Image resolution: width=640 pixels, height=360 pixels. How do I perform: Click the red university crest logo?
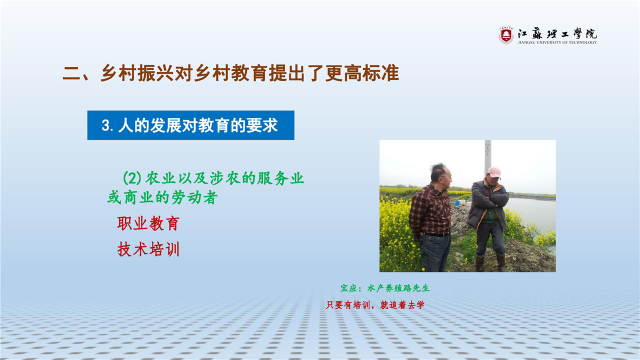[x=506, y=35]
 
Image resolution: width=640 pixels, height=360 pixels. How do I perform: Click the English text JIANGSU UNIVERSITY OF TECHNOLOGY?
[x=557, y=42]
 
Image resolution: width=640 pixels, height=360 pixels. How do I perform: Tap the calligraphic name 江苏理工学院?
[x=557, y=33]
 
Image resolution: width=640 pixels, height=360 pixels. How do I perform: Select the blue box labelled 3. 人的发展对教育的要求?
[x=191, y=125]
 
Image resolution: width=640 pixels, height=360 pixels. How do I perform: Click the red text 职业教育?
[x=148, y=223]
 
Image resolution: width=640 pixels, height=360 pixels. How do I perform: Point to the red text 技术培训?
[x=148, y=249]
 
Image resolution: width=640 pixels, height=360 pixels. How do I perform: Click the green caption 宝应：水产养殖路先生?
[x=385, y=288]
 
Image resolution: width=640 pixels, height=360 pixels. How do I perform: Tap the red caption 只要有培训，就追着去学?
[x=375, y=305]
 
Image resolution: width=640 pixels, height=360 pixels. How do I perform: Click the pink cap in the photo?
[x=494, y=172]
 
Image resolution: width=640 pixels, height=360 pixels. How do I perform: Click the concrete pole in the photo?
[x=487, y=156]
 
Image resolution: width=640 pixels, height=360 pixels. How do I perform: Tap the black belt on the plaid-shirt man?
[x=436, y=234]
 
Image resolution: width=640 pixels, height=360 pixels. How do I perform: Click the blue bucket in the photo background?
[x=457, y=203]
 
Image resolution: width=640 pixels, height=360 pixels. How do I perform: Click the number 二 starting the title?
[x=71, y=73]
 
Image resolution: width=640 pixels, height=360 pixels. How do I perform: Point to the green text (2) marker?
[x=132, y=178]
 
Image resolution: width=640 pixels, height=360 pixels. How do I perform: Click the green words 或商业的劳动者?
[x=162, y=197]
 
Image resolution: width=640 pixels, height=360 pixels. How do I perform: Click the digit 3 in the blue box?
[x=105, y=125]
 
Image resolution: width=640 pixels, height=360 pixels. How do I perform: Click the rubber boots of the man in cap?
[x=491, y=262]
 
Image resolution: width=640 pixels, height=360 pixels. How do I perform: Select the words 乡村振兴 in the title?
[x=137, y=73]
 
